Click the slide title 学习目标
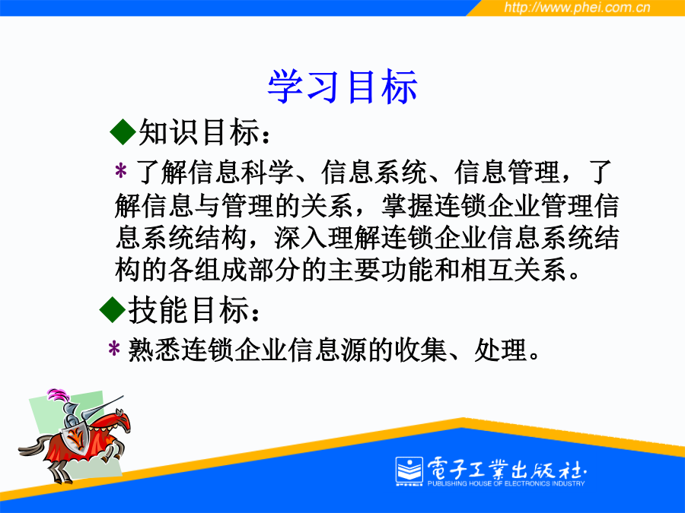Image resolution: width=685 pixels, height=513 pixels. pos(342,87)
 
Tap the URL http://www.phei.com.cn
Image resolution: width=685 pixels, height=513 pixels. pos(577,8)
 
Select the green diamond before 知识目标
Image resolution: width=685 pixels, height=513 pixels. pos(123,131)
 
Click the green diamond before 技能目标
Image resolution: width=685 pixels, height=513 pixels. pos(113,309)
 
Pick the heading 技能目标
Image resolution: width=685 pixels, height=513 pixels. pos(194,309)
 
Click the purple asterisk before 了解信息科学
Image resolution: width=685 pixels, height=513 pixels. pos(120,171)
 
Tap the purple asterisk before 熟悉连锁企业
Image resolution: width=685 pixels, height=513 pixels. pos(114,349)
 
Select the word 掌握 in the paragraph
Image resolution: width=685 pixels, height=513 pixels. pos(408,205)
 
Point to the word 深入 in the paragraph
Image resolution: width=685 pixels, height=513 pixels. pos(301,238)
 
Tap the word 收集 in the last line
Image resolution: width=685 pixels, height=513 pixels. pos(421,350)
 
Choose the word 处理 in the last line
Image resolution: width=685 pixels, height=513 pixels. pos(501,350)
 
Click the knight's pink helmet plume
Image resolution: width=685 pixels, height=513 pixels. pos(59,394)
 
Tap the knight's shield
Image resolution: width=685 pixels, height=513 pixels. pos(75,438)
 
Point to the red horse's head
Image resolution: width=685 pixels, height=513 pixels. pos(121,419)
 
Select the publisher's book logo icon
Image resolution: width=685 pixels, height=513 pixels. pos(409,471)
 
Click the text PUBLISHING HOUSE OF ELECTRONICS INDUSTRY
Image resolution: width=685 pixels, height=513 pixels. pos(506,483)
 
